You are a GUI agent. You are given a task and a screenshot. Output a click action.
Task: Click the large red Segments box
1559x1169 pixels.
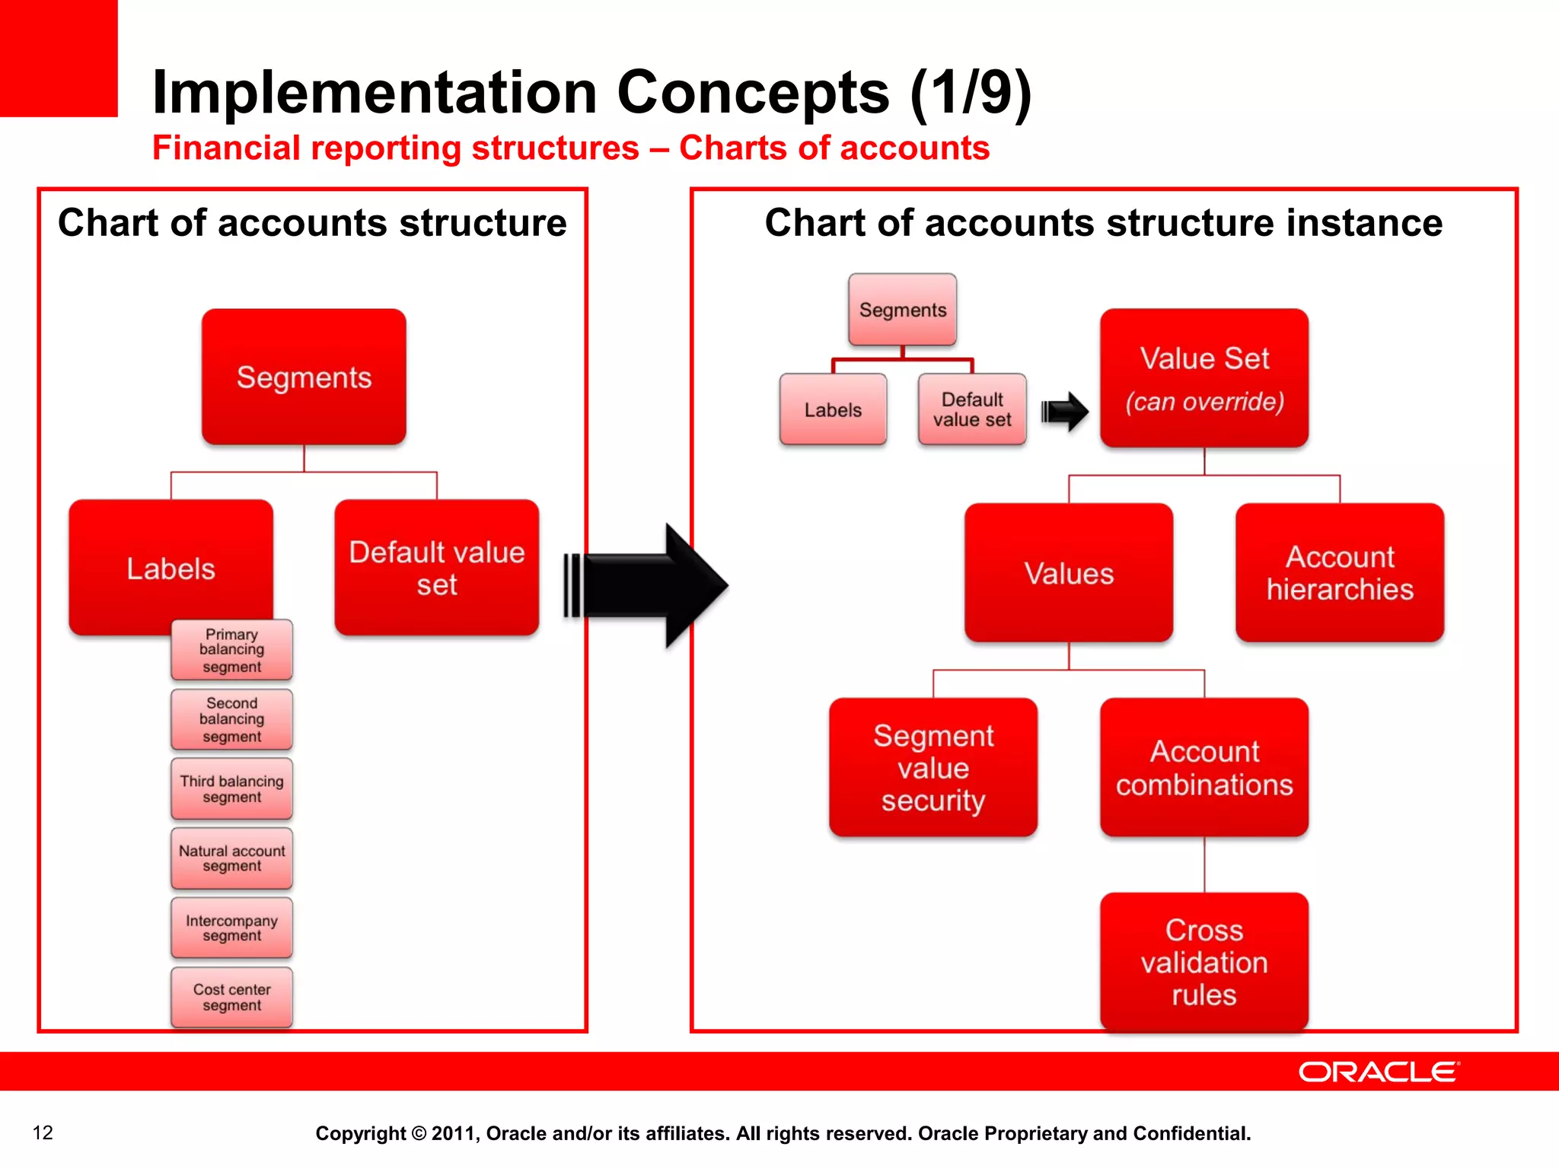point(304,377)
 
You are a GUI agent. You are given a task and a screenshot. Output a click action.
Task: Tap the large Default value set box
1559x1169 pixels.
point(436,568)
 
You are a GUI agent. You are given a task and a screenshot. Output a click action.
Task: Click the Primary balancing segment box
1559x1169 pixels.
point(231,650)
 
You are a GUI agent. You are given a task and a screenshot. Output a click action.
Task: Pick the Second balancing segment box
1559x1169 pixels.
point(231,719)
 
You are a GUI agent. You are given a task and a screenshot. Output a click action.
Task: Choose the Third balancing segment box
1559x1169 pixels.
point(231,788)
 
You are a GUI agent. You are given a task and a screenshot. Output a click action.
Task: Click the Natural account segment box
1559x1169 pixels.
point(231,858)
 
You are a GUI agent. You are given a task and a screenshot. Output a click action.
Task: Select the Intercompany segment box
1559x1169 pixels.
point(231,928)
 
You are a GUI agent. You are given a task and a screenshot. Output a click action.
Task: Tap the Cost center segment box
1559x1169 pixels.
point(231,997)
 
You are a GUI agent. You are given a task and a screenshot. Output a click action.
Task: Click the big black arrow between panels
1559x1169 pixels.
point(647,585)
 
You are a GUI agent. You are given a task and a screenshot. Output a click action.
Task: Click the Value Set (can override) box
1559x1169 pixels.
point(1204,378)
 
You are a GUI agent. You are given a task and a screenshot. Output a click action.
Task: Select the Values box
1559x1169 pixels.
point(1069,573)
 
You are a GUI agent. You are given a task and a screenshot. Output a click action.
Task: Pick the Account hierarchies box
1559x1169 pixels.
point(1340,573)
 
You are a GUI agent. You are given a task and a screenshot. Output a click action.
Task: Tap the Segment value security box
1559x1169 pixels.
point(933,767)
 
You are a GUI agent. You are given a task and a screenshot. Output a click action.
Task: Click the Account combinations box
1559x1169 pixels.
point(1204,767)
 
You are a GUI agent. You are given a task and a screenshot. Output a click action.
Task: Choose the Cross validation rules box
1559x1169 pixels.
point(1204,962)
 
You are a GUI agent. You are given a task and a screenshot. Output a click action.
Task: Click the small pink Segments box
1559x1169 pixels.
point(903,310)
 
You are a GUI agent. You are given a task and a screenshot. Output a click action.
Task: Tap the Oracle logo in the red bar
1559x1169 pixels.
point(1378,1072)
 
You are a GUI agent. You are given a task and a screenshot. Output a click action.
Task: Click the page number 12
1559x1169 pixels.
point(43,1132)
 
